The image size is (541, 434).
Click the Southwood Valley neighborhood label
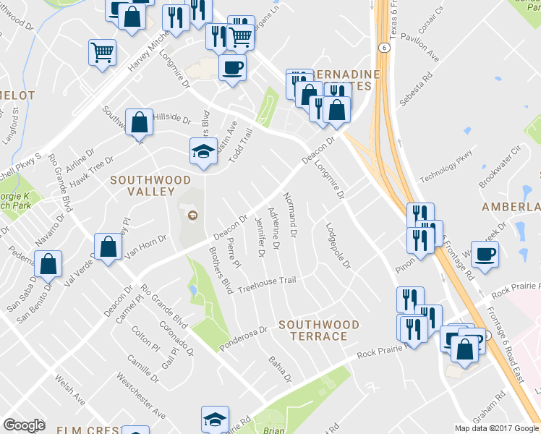150,186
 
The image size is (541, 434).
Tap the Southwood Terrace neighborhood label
318,331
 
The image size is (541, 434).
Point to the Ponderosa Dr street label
244,336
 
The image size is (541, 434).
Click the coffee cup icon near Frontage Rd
484,255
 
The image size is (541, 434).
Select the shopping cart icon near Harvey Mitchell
102,52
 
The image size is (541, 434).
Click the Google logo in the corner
24,425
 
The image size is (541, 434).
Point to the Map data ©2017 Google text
497,428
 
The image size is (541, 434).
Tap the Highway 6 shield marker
383,47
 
